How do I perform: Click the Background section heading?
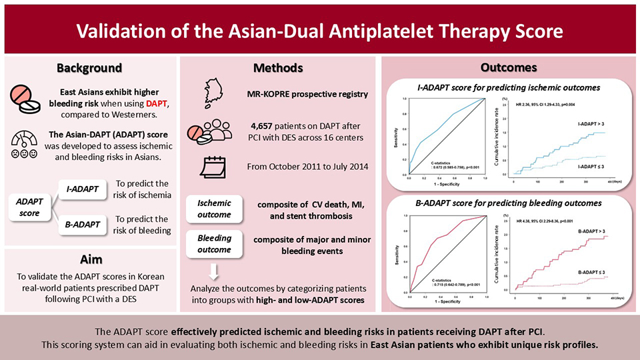point(89,68)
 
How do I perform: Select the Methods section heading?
point(278,68)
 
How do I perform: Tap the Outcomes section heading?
point(509,68)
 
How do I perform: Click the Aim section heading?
point(89,258)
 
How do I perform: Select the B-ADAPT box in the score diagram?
point(83,225)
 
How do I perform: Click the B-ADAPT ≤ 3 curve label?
point(591,273)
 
